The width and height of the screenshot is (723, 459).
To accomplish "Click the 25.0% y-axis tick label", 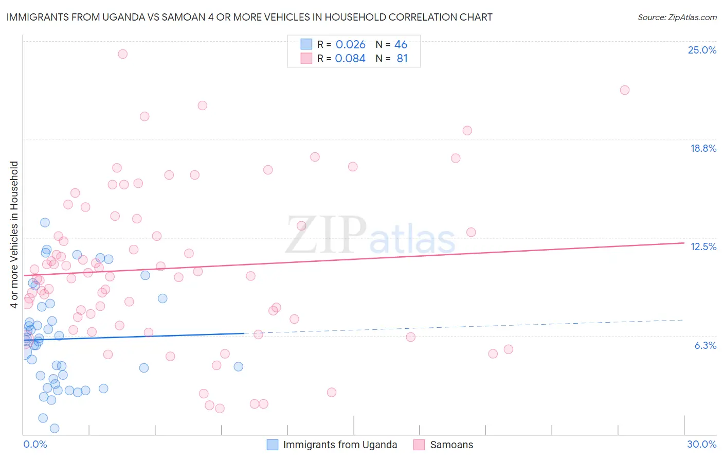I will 702,50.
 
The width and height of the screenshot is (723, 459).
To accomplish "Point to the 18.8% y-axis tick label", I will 703,148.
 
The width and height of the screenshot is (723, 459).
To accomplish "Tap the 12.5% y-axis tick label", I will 703,246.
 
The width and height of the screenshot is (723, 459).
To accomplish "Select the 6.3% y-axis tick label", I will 705,345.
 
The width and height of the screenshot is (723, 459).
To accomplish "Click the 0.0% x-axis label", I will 35,444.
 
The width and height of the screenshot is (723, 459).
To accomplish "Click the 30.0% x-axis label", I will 701,444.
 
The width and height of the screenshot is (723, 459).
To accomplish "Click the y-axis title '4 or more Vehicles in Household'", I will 14,235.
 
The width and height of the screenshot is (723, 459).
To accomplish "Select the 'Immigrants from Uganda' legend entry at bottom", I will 340,445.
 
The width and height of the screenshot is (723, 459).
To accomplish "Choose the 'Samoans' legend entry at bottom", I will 451,445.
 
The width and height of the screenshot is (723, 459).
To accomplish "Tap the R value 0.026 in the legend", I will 350,45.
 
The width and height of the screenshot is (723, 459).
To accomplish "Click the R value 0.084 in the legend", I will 350,59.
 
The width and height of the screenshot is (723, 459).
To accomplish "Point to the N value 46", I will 401,45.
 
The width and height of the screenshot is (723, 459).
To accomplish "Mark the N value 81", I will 402,59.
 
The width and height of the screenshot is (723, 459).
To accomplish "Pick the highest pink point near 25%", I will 122,54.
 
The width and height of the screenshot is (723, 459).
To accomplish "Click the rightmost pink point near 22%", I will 625,90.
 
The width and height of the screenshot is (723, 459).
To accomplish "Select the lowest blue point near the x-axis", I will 55,428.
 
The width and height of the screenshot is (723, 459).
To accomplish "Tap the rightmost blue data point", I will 238,366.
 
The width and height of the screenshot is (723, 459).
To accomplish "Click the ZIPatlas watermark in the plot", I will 370,235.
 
